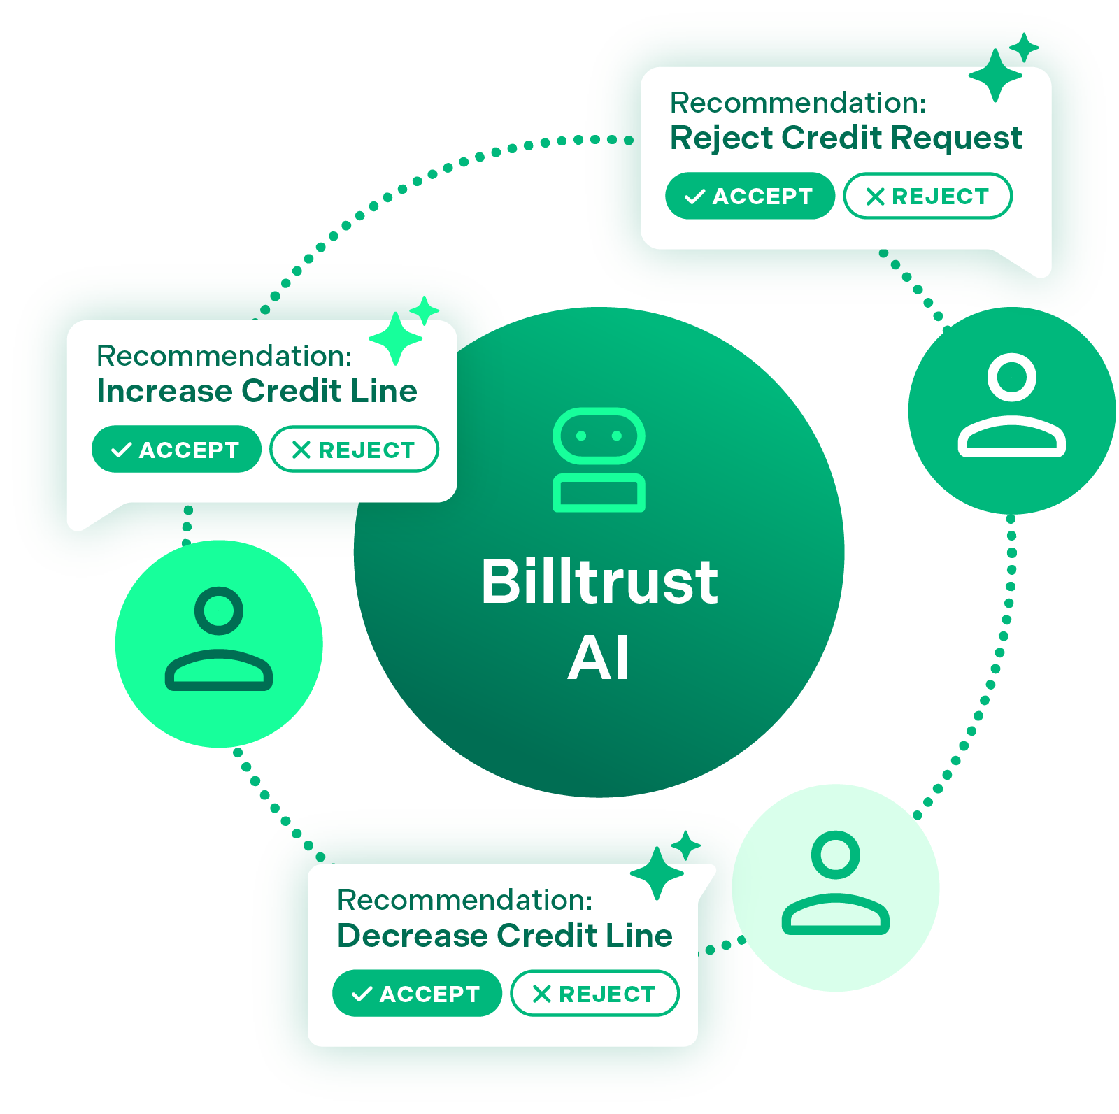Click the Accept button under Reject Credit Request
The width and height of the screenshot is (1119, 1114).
pyautogui.click(x=749, y=196)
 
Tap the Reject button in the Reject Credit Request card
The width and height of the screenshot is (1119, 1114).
pyautogui.click(x=927, y=196)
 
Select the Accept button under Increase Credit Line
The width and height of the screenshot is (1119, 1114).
pyautogui.click(x=176, y=449)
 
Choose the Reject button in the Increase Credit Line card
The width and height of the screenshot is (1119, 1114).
pyautogui.click(x=354, y=449)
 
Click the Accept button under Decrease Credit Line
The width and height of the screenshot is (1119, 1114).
pyautogui.click(x=416, y=993)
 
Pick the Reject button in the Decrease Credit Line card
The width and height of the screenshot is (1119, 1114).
pyautogui.click(x=594, y=993)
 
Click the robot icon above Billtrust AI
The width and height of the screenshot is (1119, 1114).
pyautogui.click(x=599, y=459)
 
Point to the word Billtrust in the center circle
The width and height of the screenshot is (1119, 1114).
pyautogui.click(x=599, y=582)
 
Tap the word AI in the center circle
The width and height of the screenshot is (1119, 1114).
pyautogui.click(x=599, y=658)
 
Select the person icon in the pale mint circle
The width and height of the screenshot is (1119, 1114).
pyautogui.click(x=835, y=883)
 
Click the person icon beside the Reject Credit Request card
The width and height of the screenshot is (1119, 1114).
pyautogui.click(x=1011, y=406)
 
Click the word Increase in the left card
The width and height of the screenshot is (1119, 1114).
pyautogui.click(x=164, y=391)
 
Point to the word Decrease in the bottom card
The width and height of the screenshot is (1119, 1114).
pyautogui.click(x=412, y=936)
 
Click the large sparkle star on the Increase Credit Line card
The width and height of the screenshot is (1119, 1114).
pyautogui.click(x=395, y=338)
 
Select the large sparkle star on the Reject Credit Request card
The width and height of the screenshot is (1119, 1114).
pyautogui.click(x=995, y=75)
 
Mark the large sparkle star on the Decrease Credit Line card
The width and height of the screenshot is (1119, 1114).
pyautogui.click(x=657, y=873)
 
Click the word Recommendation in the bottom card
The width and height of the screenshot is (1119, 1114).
pyautogui.click(x=463, y=900)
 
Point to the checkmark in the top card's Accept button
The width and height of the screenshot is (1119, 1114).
pyautogui.click(x=694, y=197)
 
